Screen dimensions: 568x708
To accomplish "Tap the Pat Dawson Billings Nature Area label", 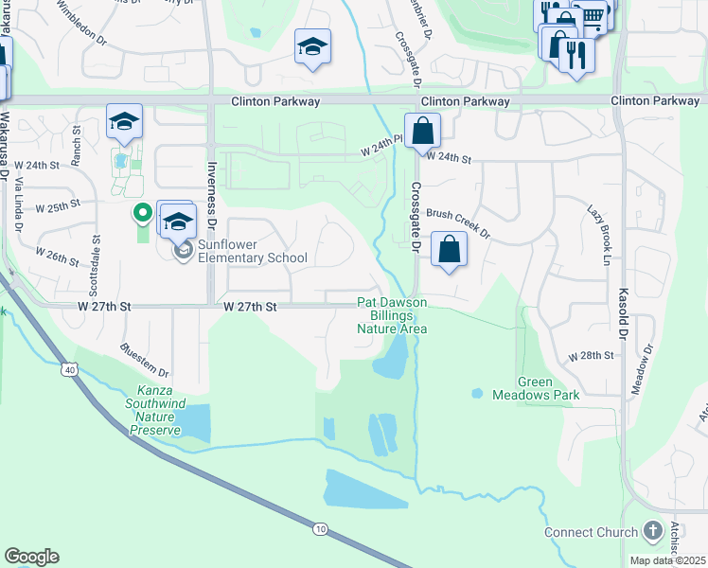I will (392, 315).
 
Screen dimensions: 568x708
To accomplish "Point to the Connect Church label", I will (591, 533).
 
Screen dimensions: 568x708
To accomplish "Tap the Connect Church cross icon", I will (653, 531).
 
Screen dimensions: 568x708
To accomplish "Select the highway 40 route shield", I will (70, 367).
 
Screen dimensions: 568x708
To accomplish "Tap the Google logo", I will (31, 557).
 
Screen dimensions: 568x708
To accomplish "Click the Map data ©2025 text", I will (668, 560).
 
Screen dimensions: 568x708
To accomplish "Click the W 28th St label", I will (592, 356).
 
